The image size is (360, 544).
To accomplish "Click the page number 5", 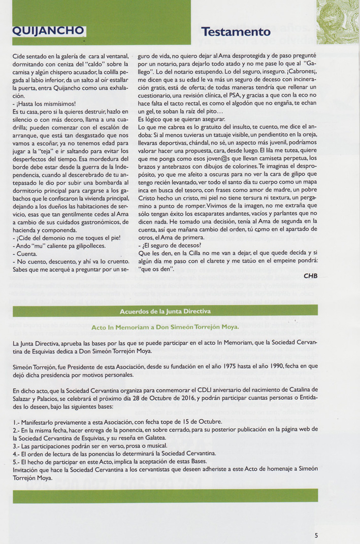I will tap(316, 534).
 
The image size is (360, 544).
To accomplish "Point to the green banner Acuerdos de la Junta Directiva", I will tap(166, 311).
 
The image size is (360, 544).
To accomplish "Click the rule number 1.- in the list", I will tap(16, 422).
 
